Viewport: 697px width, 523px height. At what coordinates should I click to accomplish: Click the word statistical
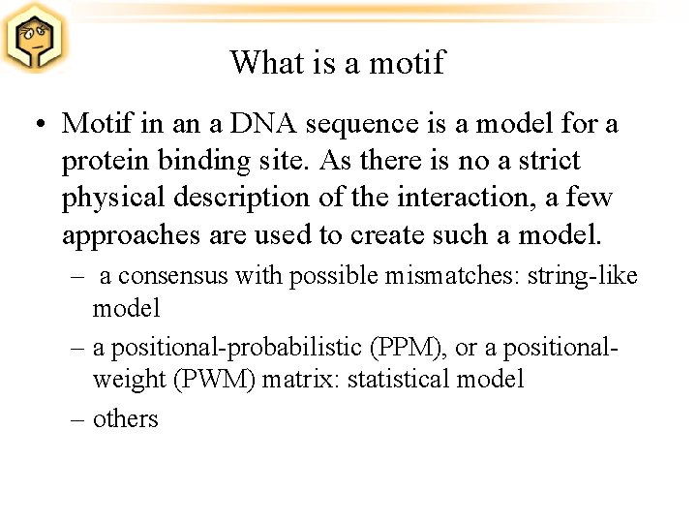pos(400,379)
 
